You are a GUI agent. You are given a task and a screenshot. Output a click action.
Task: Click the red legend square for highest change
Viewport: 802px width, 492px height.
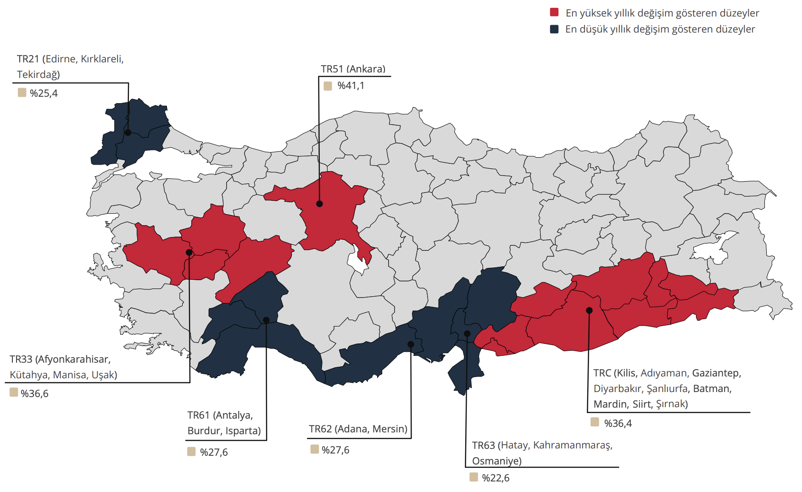point(554,12)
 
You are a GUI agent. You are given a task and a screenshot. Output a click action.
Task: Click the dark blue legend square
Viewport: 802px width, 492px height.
point(554,29)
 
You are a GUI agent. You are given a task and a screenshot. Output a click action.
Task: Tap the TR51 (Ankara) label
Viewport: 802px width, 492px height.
point(353,69)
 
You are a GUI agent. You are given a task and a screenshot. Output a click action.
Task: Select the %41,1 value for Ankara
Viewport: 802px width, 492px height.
point(351,86)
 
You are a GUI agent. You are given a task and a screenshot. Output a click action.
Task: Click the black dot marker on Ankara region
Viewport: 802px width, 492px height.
point(319,204)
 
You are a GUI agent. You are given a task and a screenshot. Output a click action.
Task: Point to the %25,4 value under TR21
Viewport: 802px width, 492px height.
point(44,94)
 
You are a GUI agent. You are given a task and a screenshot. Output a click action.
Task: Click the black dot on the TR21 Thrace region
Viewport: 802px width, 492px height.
point(128,133)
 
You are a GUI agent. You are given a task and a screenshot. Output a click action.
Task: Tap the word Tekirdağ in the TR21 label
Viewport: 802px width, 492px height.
point(38,74)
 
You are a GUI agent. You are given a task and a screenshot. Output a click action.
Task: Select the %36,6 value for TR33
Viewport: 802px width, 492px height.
point(34,393)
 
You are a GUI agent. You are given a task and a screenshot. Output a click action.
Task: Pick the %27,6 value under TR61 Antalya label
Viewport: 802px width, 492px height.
point(214,452)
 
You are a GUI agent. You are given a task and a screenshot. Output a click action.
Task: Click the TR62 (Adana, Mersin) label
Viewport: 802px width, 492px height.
point(358,429)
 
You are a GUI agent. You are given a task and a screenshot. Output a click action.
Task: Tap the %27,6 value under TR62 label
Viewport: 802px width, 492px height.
point(335,450)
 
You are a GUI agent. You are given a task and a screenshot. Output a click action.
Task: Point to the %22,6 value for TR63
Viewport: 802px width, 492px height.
point(496,478)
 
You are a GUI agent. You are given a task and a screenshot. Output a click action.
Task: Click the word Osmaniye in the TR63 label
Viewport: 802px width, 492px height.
point(496,461)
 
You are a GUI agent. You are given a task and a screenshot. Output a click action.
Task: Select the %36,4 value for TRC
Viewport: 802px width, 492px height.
point(618,423)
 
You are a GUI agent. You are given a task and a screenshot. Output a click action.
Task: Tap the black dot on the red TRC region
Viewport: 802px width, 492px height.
point(589,310)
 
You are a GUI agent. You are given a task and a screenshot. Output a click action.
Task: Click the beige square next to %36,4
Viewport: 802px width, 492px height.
point(595,422)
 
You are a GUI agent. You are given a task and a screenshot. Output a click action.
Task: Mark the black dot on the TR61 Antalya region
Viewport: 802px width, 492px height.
point(266,320)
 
